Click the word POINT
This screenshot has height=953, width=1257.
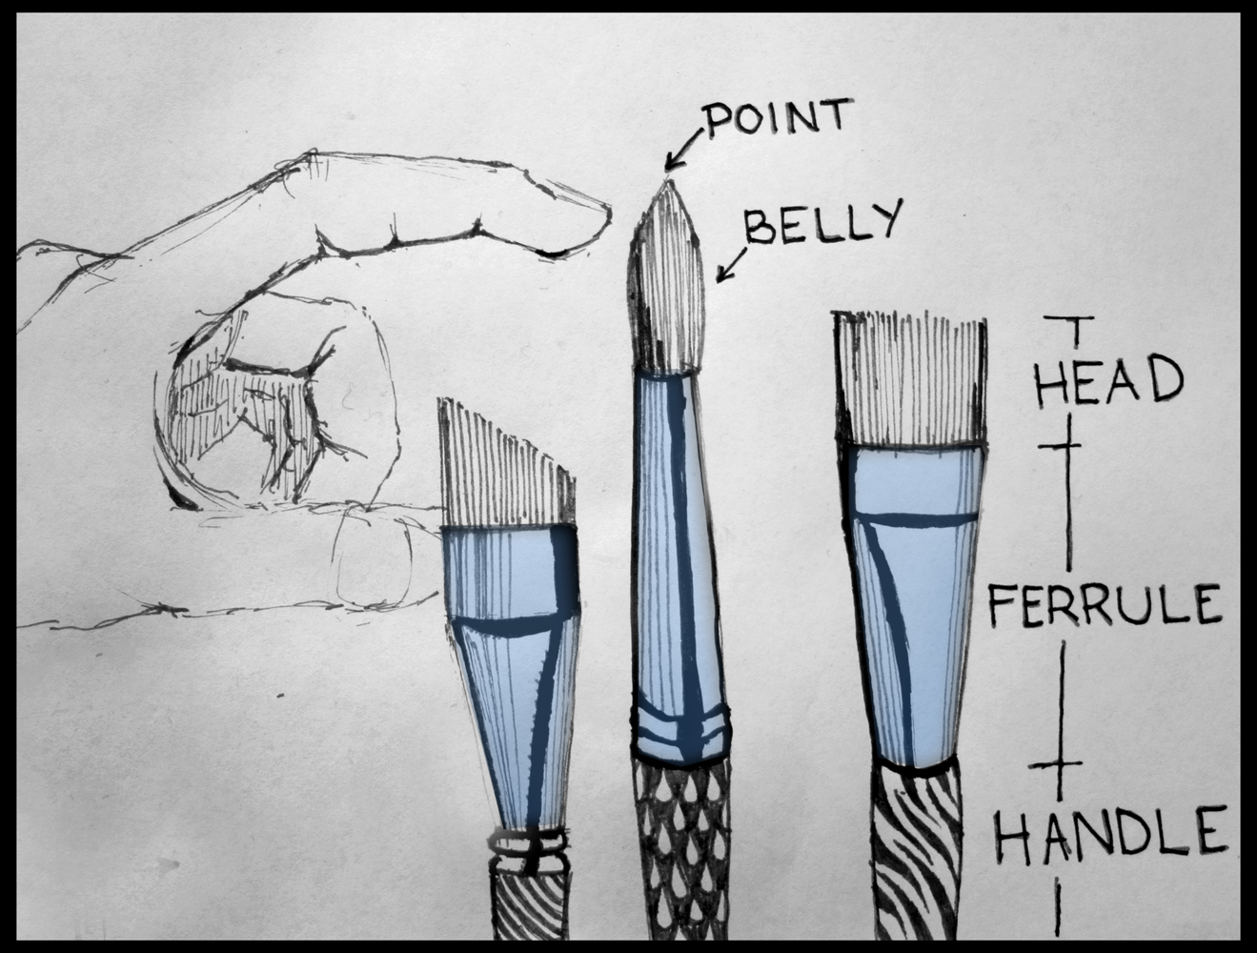[x=774, y=120]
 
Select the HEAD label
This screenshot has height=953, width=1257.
[x=1107, y=378]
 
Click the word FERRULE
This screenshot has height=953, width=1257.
[x=1105, y=604]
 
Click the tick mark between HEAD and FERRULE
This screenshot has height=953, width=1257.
[x=1067, y=445]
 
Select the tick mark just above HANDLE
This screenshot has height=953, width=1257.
[x=1059, y=764]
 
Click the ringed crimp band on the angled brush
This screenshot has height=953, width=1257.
[x=528, y=846]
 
